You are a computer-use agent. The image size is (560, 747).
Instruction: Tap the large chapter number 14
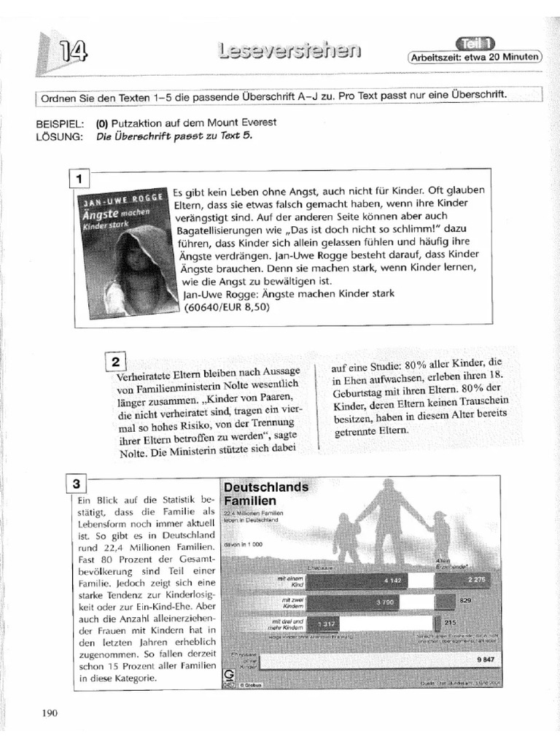pyautogui.click(x=75, y=53)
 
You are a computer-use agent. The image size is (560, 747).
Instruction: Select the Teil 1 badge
pyautogui.click(x=476, y=43)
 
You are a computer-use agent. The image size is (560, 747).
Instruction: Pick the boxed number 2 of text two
pyautogui.click(x=117, y=362)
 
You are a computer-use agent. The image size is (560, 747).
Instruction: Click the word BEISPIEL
pyautogui.click(x=59, y=123)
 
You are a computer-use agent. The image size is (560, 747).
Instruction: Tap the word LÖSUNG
pyautogui.click(x=57, y=136)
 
